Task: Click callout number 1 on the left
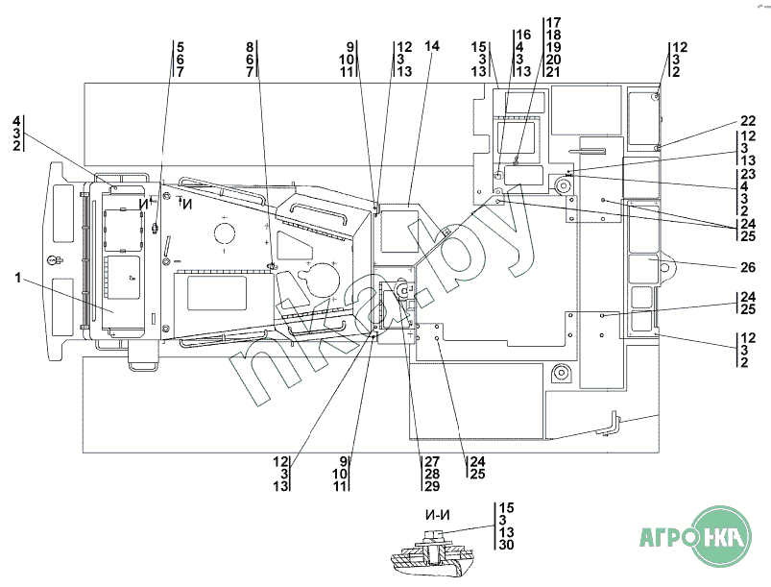[x=18, y=278]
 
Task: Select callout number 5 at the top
[x=181, y=47]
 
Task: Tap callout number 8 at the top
[x=250, y=47]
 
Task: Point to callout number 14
[x=432, y=46]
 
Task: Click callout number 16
[x=523, y=35]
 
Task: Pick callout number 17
[x=553, y=23]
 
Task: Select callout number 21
[x=553, y=72]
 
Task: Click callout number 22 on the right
[x=748, y=121]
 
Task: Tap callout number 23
[x=748, y=174]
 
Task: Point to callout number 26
[x=748, y=267]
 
